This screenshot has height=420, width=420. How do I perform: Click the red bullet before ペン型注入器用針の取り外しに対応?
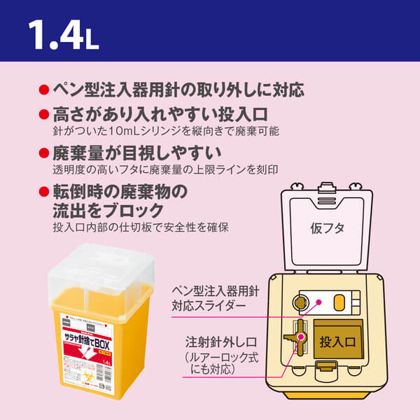tap(43, 90)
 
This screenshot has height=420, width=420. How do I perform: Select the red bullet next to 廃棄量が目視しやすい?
tap(43, 153)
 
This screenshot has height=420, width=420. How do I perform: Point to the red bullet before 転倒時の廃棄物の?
tap(43, 191)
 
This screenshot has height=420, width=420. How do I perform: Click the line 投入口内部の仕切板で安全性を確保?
tap(140, 227)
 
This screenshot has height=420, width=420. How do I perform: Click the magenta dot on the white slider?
tap(318, 302)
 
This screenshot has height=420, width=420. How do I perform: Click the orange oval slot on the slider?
tap(340, 303)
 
